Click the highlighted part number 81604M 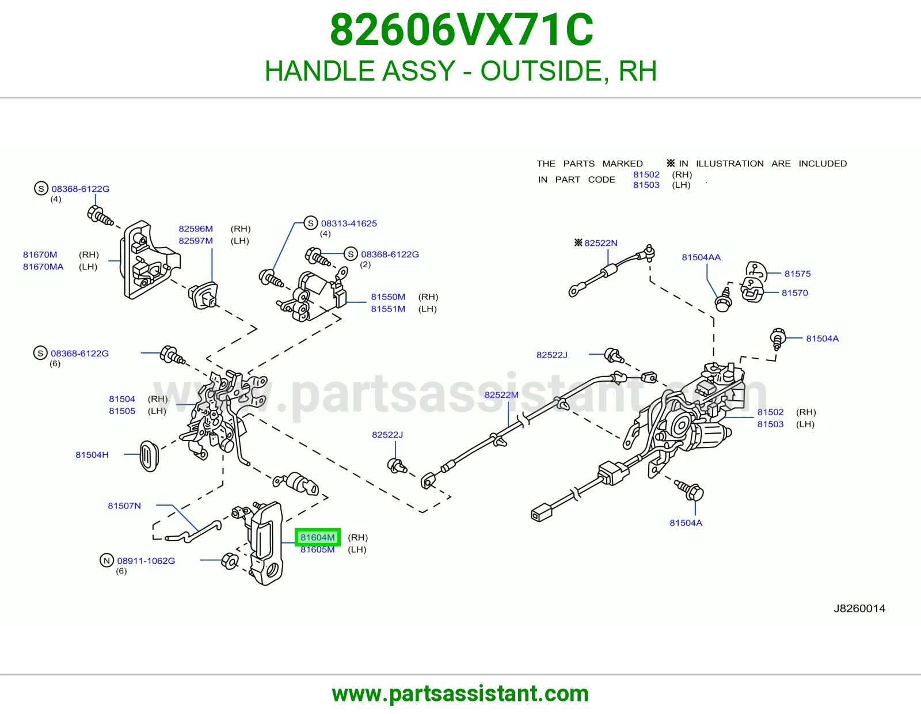[x=317, y=537]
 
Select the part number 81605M [x=317, y=549]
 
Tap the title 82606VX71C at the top [x=462, y=30]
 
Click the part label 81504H [x=92, y=454]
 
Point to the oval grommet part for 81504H [x=149, y=455]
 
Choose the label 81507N [x=124, y=506]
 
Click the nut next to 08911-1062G [x=230, y=561]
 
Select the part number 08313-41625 [x=349, y=223]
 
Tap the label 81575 [x=797, y=274]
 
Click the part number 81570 [x=795, y=293]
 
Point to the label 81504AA [x=701, y=257]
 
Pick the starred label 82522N [x=596, y=242]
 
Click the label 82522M [x=501, y=395]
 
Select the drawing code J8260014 [x=859, y=609]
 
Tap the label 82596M [x=195, y=229]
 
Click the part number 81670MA [x=43, y=267]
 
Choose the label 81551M [x=388, y=309]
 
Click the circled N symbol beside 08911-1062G [x=107, y=560]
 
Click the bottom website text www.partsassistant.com [x=461, y=694]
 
